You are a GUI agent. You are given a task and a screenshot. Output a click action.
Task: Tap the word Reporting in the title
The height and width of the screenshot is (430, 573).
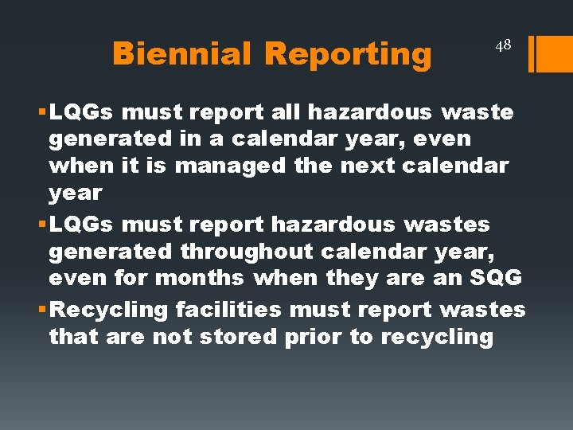point(347,53)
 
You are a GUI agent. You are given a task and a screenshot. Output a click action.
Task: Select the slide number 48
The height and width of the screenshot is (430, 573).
point(502,45)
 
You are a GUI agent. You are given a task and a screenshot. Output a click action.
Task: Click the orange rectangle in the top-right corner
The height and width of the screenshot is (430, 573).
point(554,54)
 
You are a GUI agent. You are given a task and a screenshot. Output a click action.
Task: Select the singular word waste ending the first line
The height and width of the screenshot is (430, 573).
point(479,112)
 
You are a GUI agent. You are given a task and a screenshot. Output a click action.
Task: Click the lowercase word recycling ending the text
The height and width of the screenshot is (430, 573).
point(437,336)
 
